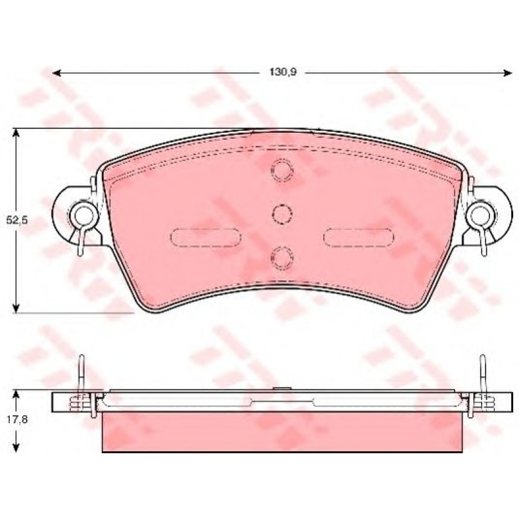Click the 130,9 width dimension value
283,72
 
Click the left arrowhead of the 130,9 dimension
57,73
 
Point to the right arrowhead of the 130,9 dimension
508,73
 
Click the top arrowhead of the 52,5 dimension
15,133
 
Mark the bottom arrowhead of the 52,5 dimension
15,308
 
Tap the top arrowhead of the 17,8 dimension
15,395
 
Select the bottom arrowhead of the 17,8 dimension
15,447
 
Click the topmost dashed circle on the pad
282,170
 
